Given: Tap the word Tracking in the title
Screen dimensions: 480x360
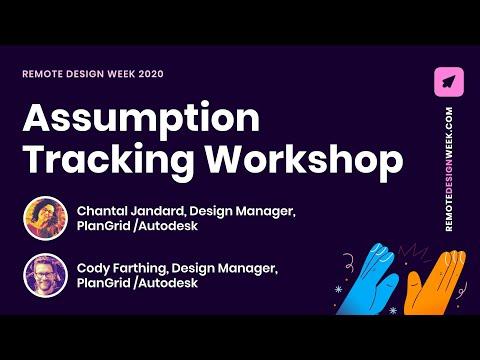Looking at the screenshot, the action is click(x=110, y=161).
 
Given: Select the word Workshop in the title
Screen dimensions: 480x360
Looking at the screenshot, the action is click(x=304, y=161).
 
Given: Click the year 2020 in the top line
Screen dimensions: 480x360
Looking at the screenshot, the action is click(x=151, y=74).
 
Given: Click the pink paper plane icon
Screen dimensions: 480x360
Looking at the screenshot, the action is click(x=449, y=82).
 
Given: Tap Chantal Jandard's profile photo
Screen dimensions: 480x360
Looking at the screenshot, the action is click(x=46, y=218).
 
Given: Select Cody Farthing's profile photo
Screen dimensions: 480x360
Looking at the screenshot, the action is click(x=46, y=275).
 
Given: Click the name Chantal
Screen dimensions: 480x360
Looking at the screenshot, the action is click(x=102, y=211).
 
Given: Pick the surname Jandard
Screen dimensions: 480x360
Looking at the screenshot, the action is click(x=158, y=211).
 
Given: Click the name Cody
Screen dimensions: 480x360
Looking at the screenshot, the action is click(x=93, y=269).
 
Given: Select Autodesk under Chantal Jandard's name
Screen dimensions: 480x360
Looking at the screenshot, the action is click(x=168, y=226).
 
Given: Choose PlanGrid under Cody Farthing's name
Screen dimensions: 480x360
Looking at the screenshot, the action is click(x=104, y=283).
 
